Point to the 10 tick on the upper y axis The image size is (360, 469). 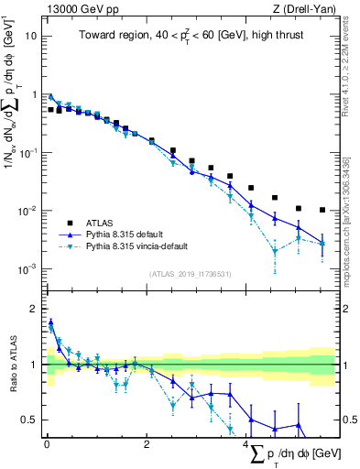[32, 37]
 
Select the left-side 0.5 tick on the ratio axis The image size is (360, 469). [31, 420]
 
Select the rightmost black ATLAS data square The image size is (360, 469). [322, 210]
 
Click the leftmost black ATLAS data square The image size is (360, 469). [51, 109]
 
